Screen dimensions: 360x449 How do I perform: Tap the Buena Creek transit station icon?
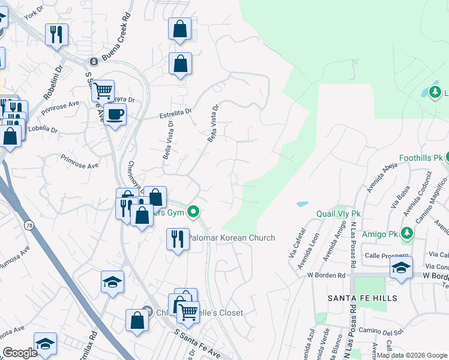[x=94, y=61]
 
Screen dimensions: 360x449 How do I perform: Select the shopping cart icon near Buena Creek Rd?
[x=103, y=91]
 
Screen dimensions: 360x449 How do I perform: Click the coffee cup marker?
[x=115, y=113]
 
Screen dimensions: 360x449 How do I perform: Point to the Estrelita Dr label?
[x=175, y=111]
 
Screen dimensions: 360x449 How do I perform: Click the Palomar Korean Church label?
[x=232, y=238]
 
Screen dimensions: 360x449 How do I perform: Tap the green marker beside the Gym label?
[x=193, y=211]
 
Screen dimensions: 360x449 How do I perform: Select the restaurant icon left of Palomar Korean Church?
[x=176, y=239]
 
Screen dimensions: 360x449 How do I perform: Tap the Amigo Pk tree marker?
[x=407, y=232]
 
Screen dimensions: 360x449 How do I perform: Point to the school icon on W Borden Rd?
[x=401, y=268]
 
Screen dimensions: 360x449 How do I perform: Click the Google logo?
[x=20, y=353]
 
